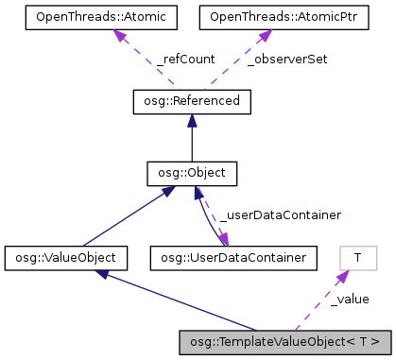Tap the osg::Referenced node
tap(192, 99)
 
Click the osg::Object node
tap(192, 174)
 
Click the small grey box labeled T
tap(358, 257)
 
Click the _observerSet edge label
tap(276, 59)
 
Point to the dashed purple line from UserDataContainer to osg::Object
tap(221, 215)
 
